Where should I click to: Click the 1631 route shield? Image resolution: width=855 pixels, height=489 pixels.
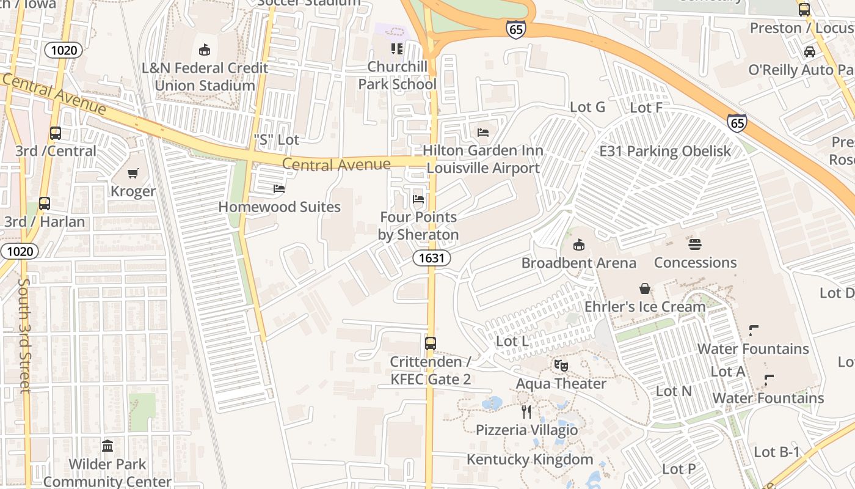(431, 258)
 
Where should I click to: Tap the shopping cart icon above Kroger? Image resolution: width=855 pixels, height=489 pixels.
(133, 174)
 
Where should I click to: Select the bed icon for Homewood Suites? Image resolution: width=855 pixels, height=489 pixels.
(279, 189)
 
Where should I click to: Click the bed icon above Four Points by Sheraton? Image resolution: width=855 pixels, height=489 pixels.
(418, 199)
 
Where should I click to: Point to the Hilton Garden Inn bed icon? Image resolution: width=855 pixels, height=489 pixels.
(483, 133)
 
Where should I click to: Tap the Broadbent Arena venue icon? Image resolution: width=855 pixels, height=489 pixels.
(578, 245)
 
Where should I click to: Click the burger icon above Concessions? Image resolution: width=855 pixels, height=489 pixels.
(695, 244)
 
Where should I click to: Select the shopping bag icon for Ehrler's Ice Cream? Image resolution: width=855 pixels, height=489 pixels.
(644, 289)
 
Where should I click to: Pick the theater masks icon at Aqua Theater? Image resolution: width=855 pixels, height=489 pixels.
(561, 366)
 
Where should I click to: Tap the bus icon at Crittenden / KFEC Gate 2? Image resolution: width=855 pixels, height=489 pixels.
(431, 344)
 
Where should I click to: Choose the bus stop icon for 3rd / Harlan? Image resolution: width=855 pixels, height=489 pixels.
(45, 204)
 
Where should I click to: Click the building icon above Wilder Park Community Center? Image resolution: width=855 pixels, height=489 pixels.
(107, 446)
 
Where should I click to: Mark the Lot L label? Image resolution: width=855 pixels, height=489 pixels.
(512, 341)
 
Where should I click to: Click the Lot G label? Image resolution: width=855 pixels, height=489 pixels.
(587, 107)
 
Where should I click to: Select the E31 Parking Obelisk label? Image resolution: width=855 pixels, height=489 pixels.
(665, 151)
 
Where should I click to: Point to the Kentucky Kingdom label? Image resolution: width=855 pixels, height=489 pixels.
(529, 459)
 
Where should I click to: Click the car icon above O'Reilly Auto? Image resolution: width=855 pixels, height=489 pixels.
(810, 52)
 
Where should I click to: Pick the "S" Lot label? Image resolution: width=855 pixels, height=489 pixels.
(276, 140)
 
